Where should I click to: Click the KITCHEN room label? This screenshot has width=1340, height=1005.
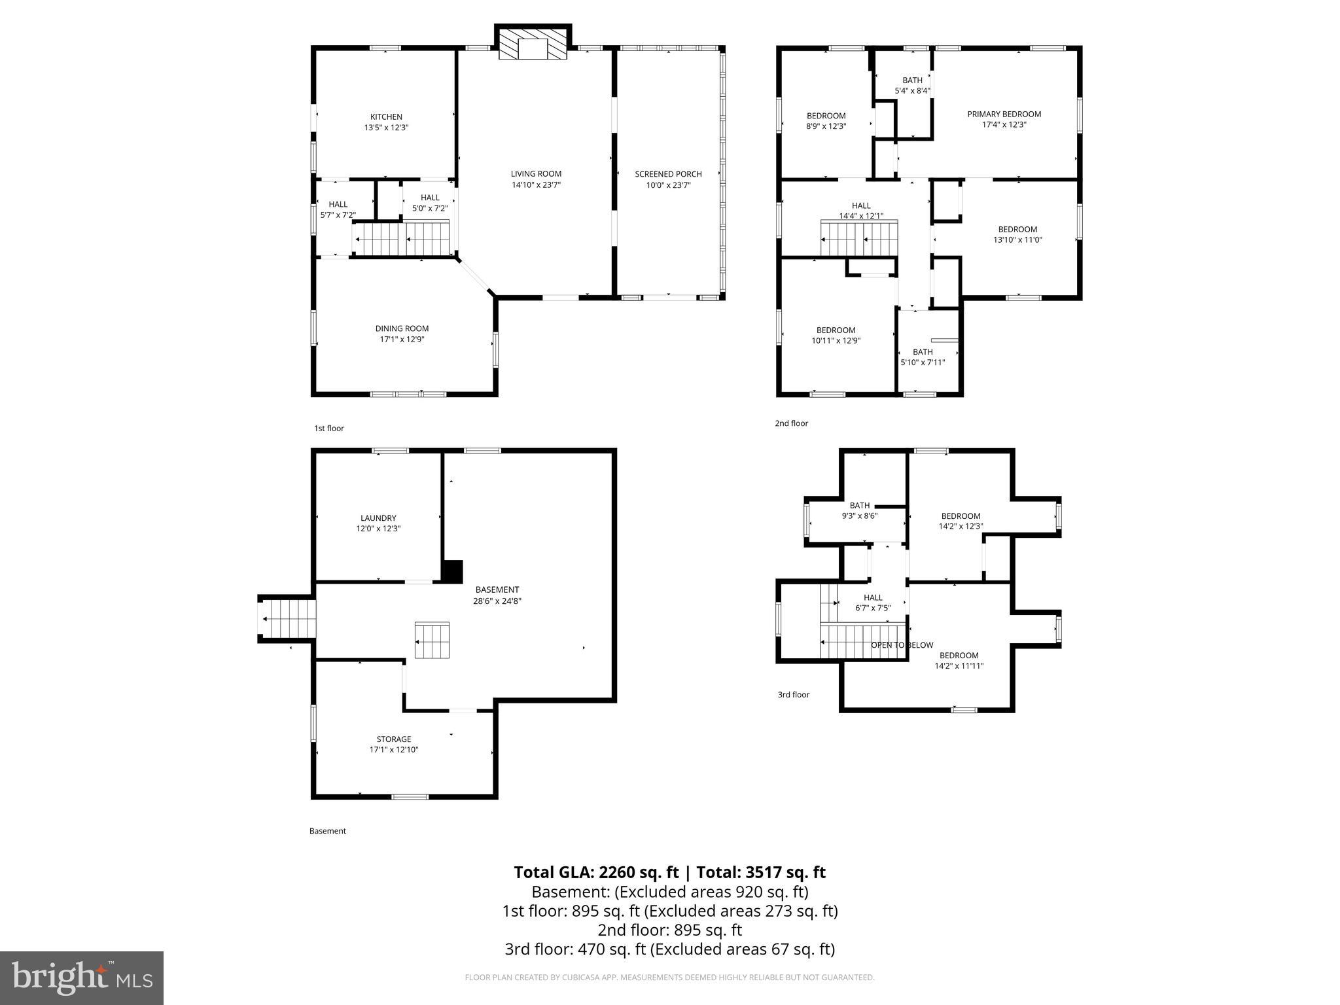(386, 117)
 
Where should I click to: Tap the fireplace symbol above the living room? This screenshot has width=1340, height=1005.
(532, 44)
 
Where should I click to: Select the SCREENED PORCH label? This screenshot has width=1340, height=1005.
(668, 174)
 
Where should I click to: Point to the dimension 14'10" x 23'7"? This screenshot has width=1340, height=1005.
(536, 185)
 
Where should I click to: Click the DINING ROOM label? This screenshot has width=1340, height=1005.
(402, 328)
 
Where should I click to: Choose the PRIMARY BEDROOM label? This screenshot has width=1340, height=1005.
(1004, 114)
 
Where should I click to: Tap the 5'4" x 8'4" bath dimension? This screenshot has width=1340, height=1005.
(912, 91)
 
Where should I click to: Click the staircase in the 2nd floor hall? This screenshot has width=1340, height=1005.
(859, 239)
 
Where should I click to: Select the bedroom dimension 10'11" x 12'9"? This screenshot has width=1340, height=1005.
(836, 341)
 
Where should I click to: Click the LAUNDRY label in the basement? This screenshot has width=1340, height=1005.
(378, 518)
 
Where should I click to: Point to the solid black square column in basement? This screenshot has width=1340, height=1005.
(452, 571)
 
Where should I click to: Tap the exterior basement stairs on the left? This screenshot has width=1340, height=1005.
(287, 619)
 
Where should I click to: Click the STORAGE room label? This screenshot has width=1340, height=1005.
(393, 739)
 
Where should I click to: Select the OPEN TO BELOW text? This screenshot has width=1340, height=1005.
(902, 645)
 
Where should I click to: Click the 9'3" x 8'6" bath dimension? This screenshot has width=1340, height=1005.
(859, 516)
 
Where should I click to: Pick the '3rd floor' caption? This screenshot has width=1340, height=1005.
(793, 695)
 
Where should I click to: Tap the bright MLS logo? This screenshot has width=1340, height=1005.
(82, 978)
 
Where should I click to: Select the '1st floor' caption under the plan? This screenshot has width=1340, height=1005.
(328, 429)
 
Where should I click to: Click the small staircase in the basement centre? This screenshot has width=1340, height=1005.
(432, 641)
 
